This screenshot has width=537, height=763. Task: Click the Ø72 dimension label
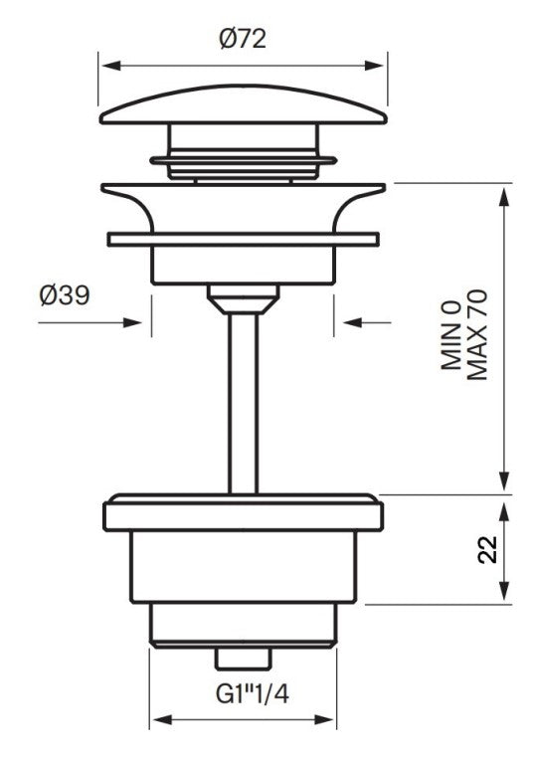pyautogui.click(x=243, y=40)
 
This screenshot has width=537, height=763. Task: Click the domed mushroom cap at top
pyautogui.click(x=243, y=107)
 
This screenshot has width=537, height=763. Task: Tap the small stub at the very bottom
pyautogui.click(x=243, y=660)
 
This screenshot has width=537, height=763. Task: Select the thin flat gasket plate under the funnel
pyautogui.click(x=243, y=240)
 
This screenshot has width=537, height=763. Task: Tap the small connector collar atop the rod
pyautogui.click(x=243, y=295)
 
